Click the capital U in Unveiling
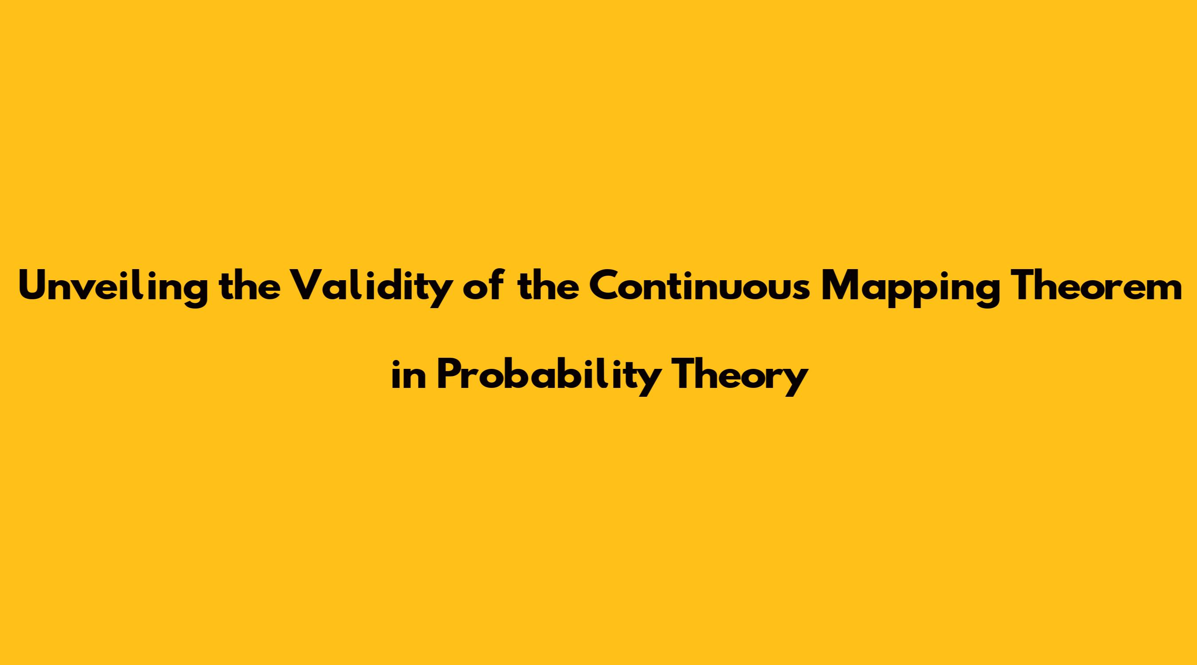click(x=34, y=286)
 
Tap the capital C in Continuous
click(x=605, y=286)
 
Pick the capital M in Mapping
click(x=841, y=286)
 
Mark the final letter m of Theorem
click(x=1164, y=289)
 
